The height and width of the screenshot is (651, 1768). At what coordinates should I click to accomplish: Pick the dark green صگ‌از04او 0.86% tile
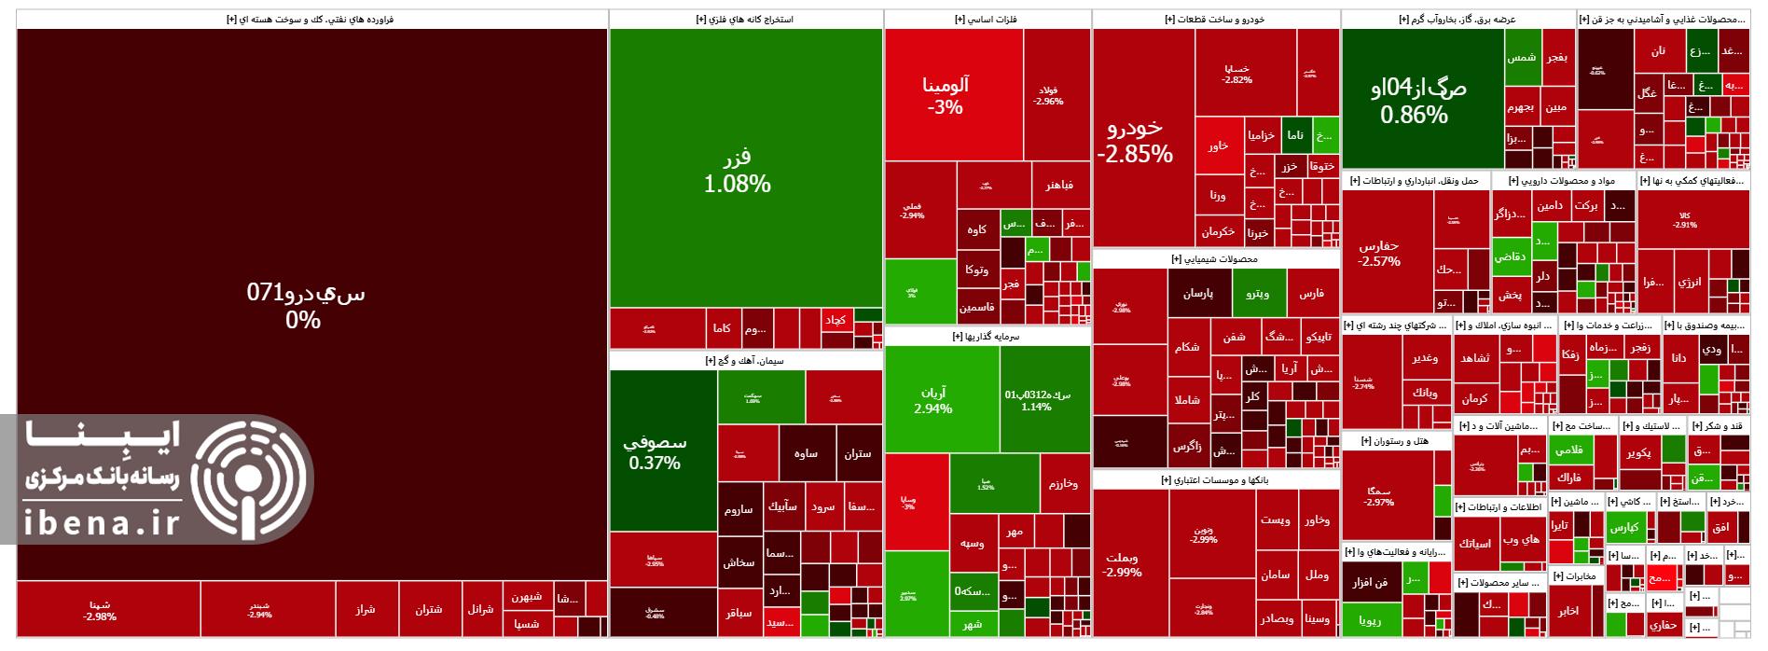click(1421, 100)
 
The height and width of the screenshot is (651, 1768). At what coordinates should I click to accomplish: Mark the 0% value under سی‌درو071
click(303, 321)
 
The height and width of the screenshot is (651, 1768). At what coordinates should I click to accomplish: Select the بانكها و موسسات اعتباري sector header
click(1215, 479)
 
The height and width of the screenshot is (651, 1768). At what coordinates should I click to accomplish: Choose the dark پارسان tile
click(1198, 294)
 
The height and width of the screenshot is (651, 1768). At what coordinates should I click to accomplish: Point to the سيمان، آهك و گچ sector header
click(746, 360)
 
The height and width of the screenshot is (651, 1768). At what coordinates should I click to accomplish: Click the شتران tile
click(429, 610)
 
